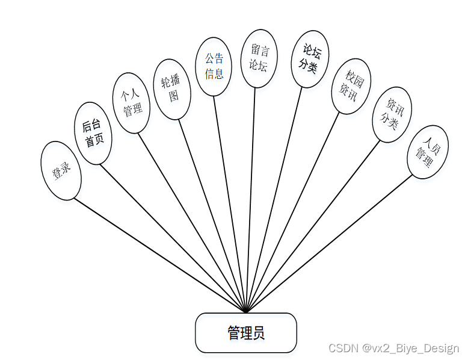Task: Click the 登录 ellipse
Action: pos(61,171)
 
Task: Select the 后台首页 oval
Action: pos(93,133)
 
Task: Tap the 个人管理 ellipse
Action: pos(132,103)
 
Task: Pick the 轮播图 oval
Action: pos(172,89)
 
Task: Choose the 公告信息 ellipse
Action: pos(214,66)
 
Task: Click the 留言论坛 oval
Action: pos(259,58)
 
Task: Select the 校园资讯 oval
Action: pos(351,86)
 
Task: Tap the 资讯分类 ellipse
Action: pos(392,115)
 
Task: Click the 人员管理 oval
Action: pos(428,152)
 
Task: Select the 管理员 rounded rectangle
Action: pos(245,333)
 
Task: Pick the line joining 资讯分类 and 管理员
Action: pos(313,227)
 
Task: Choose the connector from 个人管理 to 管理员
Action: pos(192,222)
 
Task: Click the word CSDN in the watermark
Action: pos(343,349)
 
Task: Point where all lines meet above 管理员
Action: pos(246,312)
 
